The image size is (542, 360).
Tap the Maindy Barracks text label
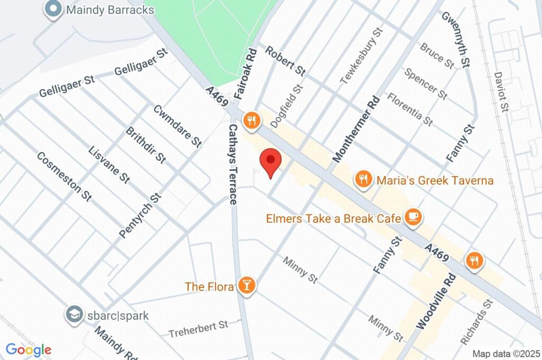[110, 10]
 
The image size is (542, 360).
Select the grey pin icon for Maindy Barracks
[53, 9]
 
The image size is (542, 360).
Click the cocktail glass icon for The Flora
[246, 285]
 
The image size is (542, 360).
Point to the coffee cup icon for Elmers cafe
[412, 217]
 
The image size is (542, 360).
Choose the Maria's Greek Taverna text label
[435, 181]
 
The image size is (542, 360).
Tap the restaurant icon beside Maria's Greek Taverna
[363, 179]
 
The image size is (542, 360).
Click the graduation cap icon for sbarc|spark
[74, 315]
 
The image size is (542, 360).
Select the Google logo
[29, 350]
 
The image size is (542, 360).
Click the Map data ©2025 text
[505, 354]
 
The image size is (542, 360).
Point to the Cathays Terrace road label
[233, 164]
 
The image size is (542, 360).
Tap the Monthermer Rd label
[356, 129]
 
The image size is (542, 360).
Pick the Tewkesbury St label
[362, 56]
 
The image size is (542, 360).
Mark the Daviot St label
[501, 92]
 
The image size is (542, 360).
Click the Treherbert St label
[198, 328]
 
